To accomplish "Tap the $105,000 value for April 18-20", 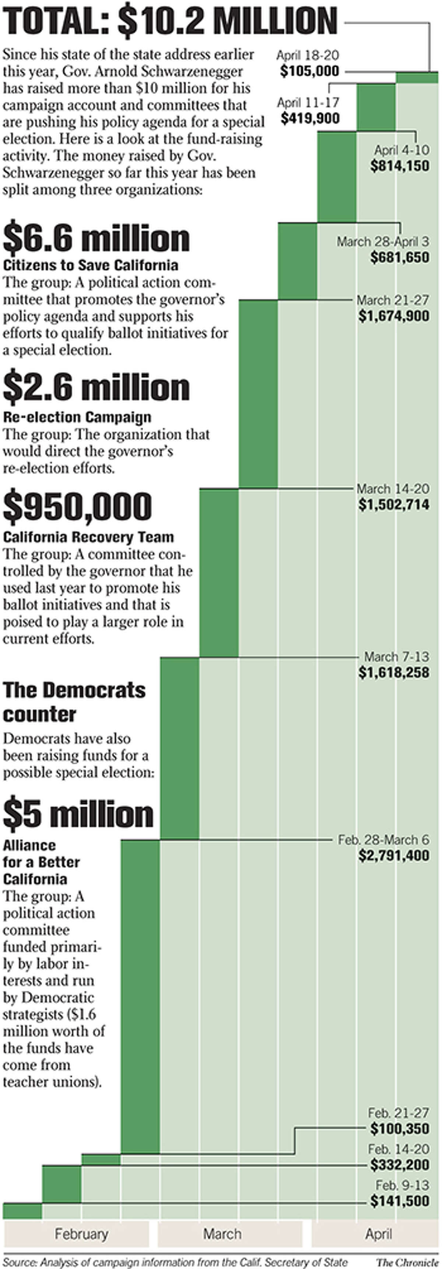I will [309, 71].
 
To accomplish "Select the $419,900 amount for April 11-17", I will [310, 118].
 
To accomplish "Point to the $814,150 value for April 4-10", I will [400, 166].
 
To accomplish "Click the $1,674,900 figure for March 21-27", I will [394, 316].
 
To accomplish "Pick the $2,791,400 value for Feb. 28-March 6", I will [394, 855].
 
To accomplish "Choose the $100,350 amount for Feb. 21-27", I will [400, 1128].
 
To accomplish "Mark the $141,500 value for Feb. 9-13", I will [400, 1201].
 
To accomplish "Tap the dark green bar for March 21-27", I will [258, 394].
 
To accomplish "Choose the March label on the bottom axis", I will [222, 1234].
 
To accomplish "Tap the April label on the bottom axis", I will [378, 1234].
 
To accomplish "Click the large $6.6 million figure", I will [96, 238].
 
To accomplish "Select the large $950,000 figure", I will [77, 506].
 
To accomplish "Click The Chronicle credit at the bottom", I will [407, 1262].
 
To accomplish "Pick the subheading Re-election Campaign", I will [77, 417].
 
